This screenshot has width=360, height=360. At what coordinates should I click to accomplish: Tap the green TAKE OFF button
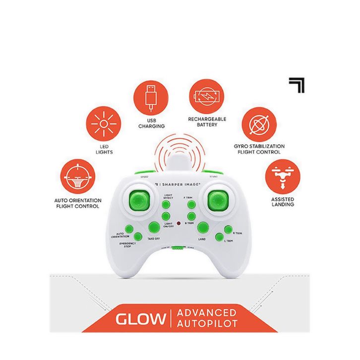(153, 228)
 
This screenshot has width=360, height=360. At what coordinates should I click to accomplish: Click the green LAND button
(202, 228)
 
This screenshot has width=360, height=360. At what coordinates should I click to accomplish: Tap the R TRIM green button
(228, 230)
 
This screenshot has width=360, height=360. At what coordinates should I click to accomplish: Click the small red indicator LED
(179, 224)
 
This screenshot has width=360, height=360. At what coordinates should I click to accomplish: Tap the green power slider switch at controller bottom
(176, 249)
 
